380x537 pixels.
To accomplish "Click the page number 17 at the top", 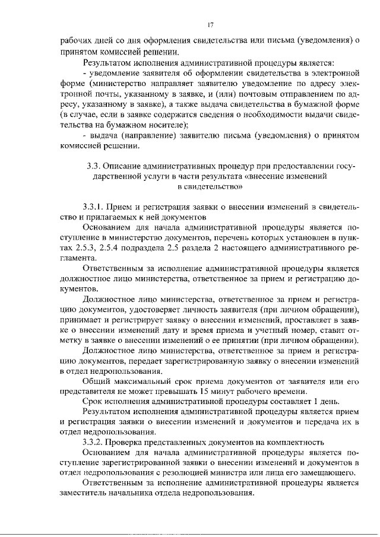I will pos(210,25).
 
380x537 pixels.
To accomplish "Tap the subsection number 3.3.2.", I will pos(97,441).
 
